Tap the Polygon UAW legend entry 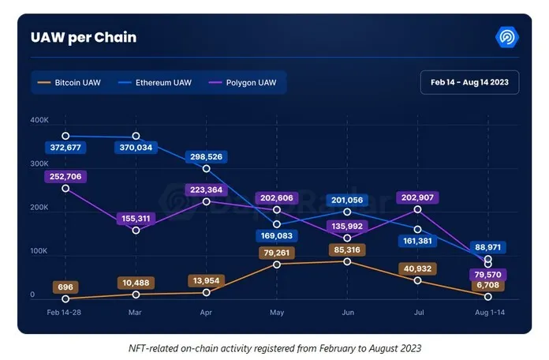click(x=245, y=82)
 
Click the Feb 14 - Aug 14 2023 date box click(x=469, y=82)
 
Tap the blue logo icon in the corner click(x=506, y=36)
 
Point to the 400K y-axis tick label click(x=39, y=120)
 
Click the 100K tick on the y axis click(x=39, y=251)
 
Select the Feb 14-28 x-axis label click(x=65, y=313)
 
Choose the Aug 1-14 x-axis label click(x=488, y=313)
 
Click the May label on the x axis click(x=277, y=313)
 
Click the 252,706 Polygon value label click(x=65, y=175)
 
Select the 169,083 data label click(x=277, y=235)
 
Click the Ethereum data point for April click(x=207, y=168)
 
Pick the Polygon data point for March click(x=136, y=231)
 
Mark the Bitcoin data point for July click(x=417, y=280)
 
